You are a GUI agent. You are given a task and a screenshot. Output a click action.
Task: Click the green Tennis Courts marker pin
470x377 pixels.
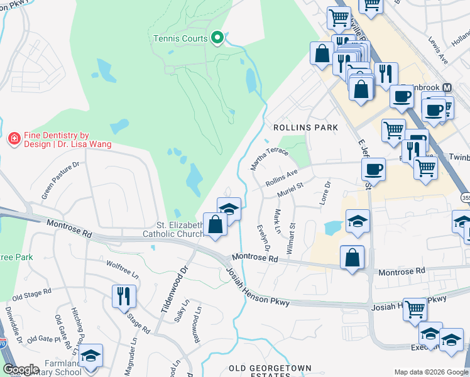(217, 38)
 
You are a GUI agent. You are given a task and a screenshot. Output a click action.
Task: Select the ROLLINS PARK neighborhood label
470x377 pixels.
(305, 128)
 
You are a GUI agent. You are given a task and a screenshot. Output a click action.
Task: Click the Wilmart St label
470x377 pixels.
(291, 237)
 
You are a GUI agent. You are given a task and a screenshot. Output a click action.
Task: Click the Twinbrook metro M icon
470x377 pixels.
(447, 87)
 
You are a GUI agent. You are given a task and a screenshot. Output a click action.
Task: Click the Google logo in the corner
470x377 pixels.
(21, 369)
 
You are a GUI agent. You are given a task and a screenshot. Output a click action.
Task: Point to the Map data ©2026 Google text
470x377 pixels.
(431, 372)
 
